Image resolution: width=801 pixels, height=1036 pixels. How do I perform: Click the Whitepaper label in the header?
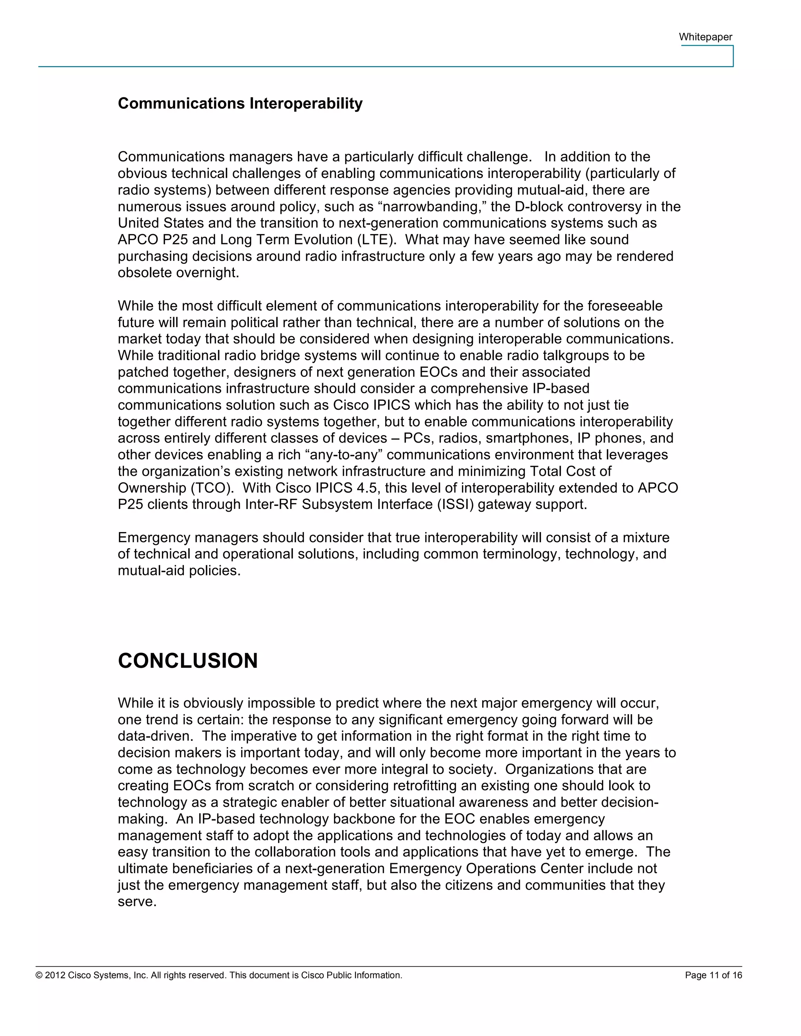705,37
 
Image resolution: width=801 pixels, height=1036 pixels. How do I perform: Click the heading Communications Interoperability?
240,104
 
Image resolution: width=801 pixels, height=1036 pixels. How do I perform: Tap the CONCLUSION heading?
187,661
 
